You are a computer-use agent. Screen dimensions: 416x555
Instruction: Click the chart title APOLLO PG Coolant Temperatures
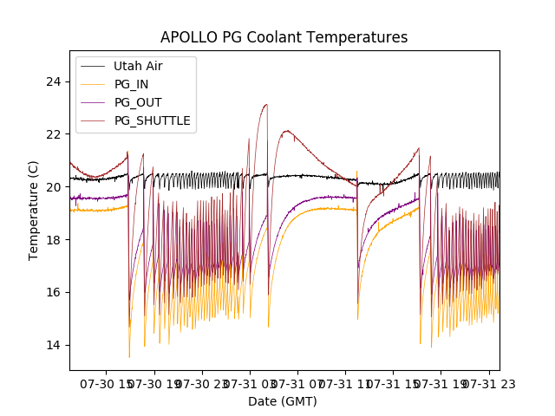coord(284,37)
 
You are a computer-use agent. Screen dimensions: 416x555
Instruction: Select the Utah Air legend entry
coord(138,66)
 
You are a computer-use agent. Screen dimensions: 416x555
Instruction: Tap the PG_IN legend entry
coord(132,84)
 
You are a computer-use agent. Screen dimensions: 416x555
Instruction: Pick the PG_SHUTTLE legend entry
coord(152,120)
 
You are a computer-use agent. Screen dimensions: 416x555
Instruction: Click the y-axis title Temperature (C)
coord(34,211)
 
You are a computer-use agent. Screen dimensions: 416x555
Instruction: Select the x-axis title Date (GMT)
coord(283,401)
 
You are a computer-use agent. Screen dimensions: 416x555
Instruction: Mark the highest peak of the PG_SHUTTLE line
coord(266,105)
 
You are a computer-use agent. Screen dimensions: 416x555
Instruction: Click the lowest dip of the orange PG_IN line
coord(129,357)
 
